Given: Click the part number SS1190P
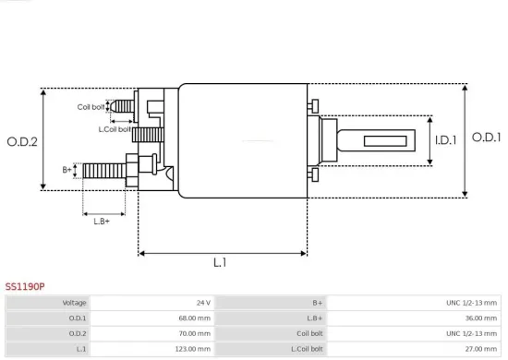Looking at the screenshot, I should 25,287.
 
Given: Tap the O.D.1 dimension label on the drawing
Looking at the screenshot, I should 486,138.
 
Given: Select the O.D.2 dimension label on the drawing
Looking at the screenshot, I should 21,141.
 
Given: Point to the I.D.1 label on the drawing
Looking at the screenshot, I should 446,140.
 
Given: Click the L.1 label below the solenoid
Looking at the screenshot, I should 221,263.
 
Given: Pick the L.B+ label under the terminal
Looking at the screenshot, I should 102,220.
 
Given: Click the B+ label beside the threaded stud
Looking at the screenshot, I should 67,170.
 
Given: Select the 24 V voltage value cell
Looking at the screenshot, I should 203,302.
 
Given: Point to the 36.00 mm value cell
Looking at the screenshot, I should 478,318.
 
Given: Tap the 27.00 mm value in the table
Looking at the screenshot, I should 478,349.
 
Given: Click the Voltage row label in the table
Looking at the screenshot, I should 75,302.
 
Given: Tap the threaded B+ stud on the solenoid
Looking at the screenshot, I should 103,170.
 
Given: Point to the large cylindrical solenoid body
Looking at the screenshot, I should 242,140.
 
